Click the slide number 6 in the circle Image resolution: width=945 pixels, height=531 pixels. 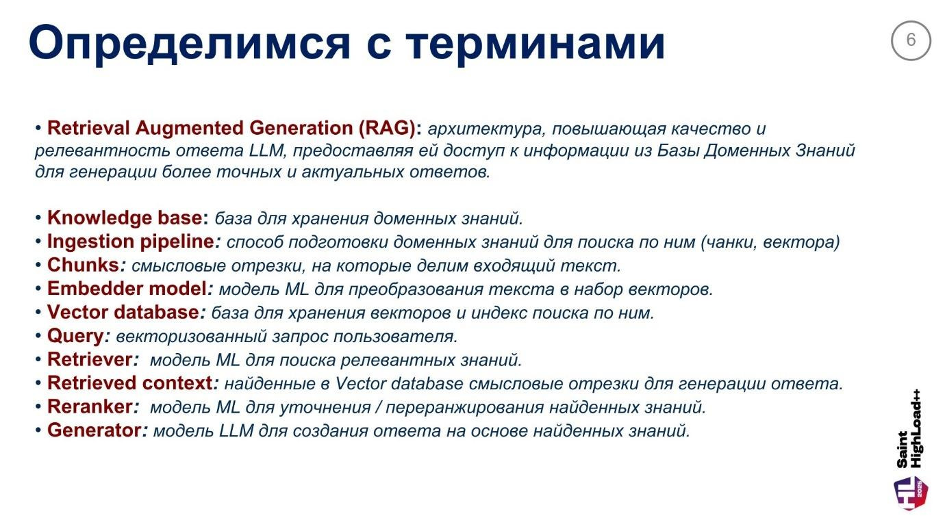click(x=910, y=40)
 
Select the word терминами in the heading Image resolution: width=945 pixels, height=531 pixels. click(x=535, y=43)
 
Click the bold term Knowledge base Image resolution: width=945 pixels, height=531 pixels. click(x=126, y=218)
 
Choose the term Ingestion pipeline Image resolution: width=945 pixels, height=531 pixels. click(x=130, y=242)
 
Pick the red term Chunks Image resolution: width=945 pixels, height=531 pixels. click(x=83, y=265)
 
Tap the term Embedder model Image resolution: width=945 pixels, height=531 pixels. click(x=127, y=289)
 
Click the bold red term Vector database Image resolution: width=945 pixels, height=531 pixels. click(x=123, y=312)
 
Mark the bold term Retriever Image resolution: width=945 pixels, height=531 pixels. click(x=89, y=359)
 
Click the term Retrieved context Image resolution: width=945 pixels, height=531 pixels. click(x=129, y=383)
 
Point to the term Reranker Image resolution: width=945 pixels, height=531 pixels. click(x=89, y=406)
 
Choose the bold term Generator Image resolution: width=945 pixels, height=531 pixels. click(x=94, y=430)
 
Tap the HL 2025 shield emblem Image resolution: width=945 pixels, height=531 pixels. click(x=911, y=493)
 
